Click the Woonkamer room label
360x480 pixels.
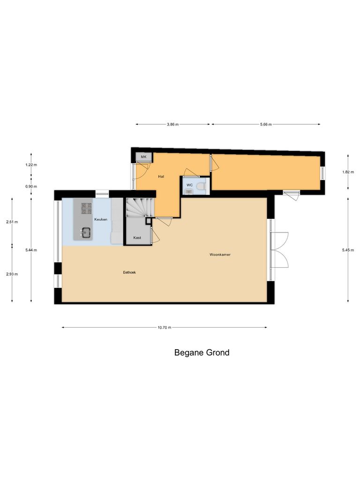click(220, 255)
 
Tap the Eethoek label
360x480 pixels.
click(129, 271)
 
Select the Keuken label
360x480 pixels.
click(101, 219)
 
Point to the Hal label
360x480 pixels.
click(161, 176)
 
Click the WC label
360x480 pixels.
click(190, 185)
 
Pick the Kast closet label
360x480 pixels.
click(137, 238)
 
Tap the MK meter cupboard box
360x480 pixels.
click(143, 157)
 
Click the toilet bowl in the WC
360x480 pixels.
click(201, 186)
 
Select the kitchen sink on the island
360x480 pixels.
click(86, 232)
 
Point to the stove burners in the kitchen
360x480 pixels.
click(86, 208)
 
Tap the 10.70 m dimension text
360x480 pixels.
click(165, 327)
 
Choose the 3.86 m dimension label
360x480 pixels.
click(172, 124)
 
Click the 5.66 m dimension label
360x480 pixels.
click(266, 124)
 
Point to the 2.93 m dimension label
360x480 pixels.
click(12, 274)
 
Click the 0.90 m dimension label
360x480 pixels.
click(31, 186)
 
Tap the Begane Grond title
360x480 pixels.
click(202, 352)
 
